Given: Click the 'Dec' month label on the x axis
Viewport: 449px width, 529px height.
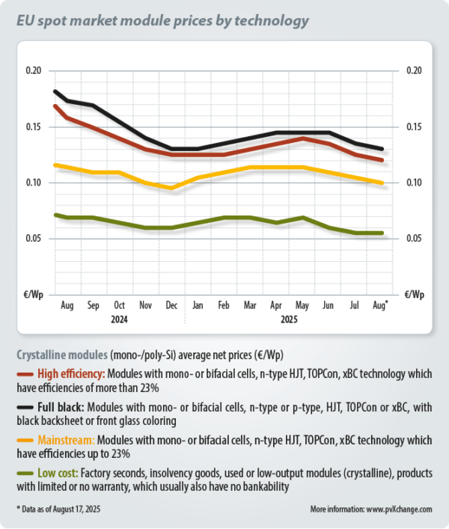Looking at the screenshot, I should click(171, 306).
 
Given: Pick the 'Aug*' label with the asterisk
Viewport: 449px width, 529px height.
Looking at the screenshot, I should click(381, 306).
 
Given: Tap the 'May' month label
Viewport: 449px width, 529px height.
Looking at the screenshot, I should click(302, 306).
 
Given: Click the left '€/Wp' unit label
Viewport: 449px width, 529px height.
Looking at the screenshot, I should click(34, 294).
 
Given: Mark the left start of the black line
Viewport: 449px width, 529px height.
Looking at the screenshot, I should click(55, 91).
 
